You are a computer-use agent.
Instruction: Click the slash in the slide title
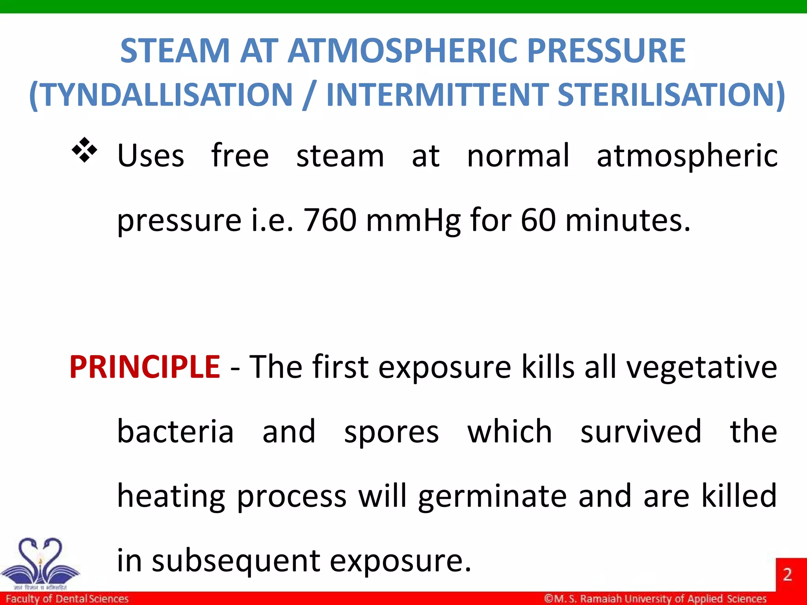point(309,95)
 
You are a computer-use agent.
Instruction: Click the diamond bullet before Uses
point(84,150)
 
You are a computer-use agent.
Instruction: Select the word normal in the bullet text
point(518,156)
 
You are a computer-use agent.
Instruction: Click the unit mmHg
point(413,221)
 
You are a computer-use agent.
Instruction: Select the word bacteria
point(175,432)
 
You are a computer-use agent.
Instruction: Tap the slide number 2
point(787,574)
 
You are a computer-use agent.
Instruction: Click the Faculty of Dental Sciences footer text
point(67,599)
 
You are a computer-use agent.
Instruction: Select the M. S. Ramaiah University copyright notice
point(655,599)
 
